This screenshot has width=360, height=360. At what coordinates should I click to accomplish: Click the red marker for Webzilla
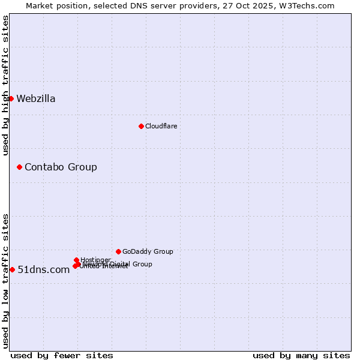pyautogui.click(x=11, y=98)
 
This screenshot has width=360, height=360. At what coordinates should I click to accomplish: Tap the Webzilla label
pyautogui.click(x=36, y=99)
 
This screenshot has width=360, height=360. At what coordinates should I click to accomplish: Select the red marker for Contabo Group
pyautogui.click(x=19, y=167)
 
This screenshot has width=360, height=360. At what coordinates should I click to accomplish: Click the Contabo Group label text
pyautogui.click(x=61, y=167)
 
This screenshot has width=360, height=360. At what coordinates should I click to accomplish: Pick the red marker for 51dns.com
pyautogui.click(x=12, y=269)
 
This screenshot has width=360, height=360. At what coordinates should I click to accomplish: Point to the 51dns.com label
pyautogui.click(x=44, y=270)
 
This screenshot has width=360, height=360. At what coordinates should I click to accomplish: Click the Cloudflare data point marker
pyautogui.click(x=141, y=126)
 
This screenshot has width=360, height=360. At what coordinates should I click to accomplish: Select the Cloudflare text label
pyautogui.click(x=161, y=126)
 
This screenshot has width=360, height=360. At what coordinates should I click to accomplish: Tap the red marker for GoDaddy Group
pyautogui.click(x=118, y=251)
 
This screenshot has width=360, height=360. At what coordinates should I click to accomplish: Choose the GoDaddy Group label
pyautogui.click(x=148, y=251)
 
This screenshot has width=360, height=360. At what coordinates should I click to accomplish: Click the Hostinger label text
pyautogui.click(x=95, y=260)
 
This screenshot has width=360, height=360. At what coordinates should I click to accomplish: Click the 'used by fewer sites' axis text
pyautogui.click(x=62, y=355)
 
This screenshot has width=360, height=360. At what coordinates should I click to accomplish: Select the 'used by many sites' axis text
pyautogui.click(x=301, y=355)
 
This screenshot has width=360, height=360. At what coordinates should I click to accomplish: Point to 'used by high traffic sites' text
pyautogui.click(x=5, y=85)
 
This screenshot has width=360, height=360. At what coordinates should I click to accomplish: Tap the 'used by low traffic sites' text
pyautogui.click(x=5, y=281)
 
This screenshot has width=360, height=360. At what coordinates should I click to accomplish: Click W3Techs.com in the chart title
pyautogui.click(x=310, y=5)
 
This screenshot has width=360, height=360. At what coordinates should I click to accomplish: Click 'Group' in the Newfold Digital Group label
pyautogui.click(x=142, y=264)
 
